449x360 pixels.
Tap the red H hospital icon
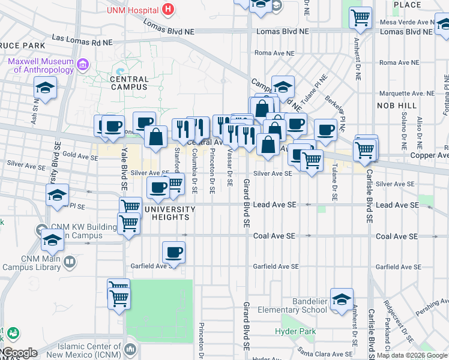click(168, 10)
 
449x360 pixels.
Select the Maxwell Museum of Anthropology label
click(41, 65)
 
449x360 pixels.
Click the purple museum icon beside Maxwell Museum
click(83, 64)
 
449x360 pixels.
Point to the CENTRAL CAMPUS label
click(129, 83)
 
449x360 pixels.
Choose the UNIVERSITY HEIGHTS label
click(170, 213)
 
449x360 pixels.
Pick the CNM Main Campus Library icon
click(70, 262)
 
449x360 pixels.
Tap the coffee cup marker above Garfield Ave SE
click(173, 252)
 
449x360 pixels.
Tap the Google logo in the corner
click(19, 353)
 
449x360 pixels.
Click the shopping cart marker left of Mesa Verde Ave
click(360, 19)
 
